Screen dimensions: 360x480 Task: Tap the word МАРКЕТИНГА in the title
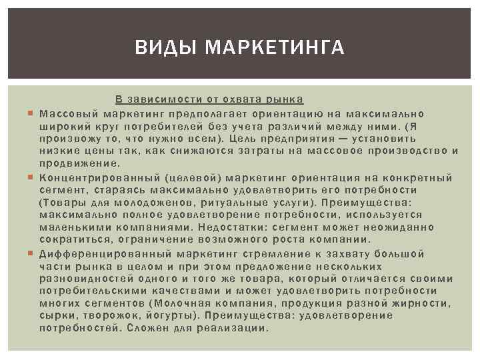pos(275,47)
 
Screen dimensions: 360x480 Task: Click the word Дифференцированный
pos(105,253)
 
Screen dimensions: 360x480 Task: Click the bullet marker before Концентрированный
pos(31,177)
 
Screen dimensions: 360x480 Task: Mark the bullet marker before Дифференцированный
pos(31,254)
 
